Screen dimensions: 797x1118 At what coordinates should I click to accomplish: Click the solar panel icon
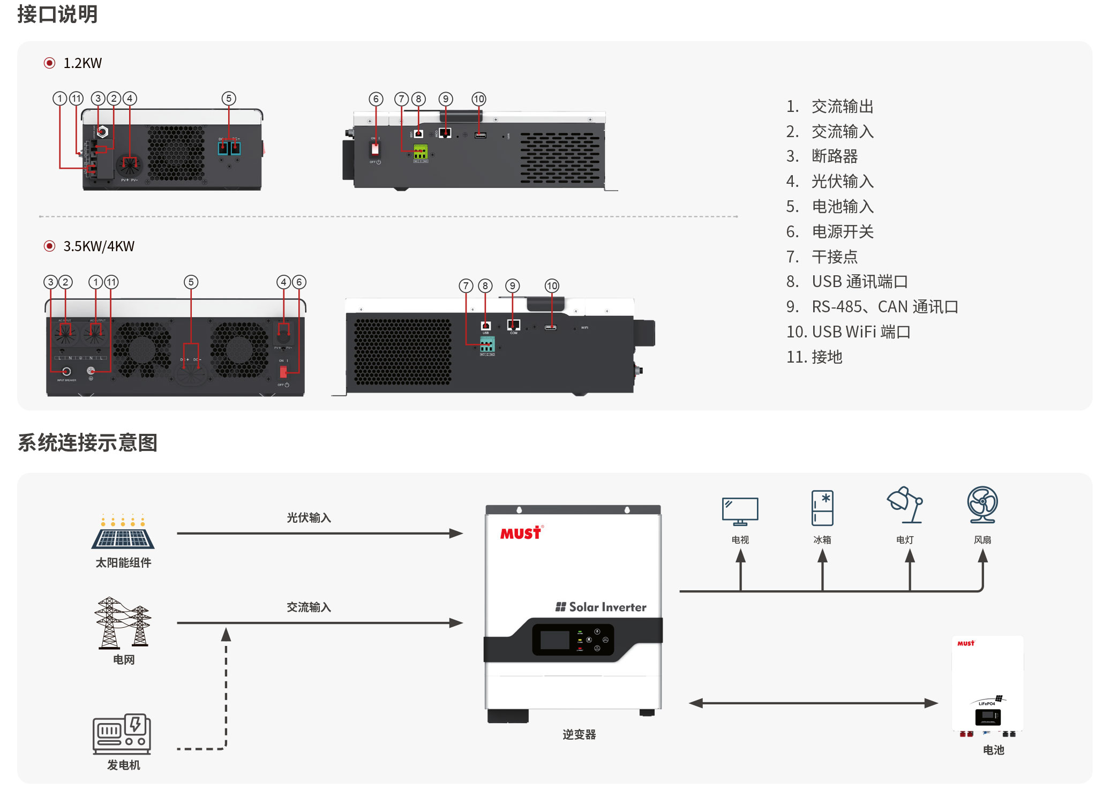point(123,533)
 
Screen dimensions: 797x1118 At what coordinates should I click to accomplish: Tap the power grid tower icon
point(123,623)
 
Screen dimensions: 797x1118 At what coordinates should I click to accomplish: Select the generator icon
point(122,733)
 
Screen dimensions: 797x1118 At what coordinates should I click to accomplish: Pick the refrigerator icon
point(822,508)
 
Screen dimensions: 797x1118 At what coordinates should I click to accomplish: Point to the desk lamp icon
point(905,505)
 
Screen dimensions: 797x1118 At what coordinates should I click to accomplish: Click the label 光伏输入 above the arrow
point(309,518)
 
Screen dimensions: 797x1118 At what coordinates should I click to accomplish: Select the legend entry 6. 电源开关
point(830,232)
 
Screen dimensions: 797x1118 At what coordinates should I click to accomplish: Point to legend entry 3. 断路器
point(822,156)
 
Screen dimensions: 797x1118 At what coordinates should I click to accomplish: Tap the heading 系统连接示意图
point(87,443)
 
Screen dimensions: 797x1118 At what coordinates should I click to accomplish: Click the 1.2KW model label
point(82,63)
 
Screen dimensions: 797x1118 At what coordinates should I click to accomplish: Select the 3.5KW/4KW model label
point(99,246)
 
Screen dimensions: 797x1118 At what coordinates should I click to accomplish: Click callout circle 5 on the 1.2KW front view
point(229,99)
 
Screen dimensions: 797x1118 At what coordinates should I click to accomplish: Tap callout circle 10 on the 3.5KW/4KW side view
point(552,286)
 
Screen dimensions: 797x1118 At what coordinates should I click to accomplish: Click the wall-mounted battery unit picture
point(987,686)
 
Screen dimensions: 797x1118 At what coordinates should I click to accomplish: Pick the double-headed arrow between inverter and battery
point(813,703)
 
